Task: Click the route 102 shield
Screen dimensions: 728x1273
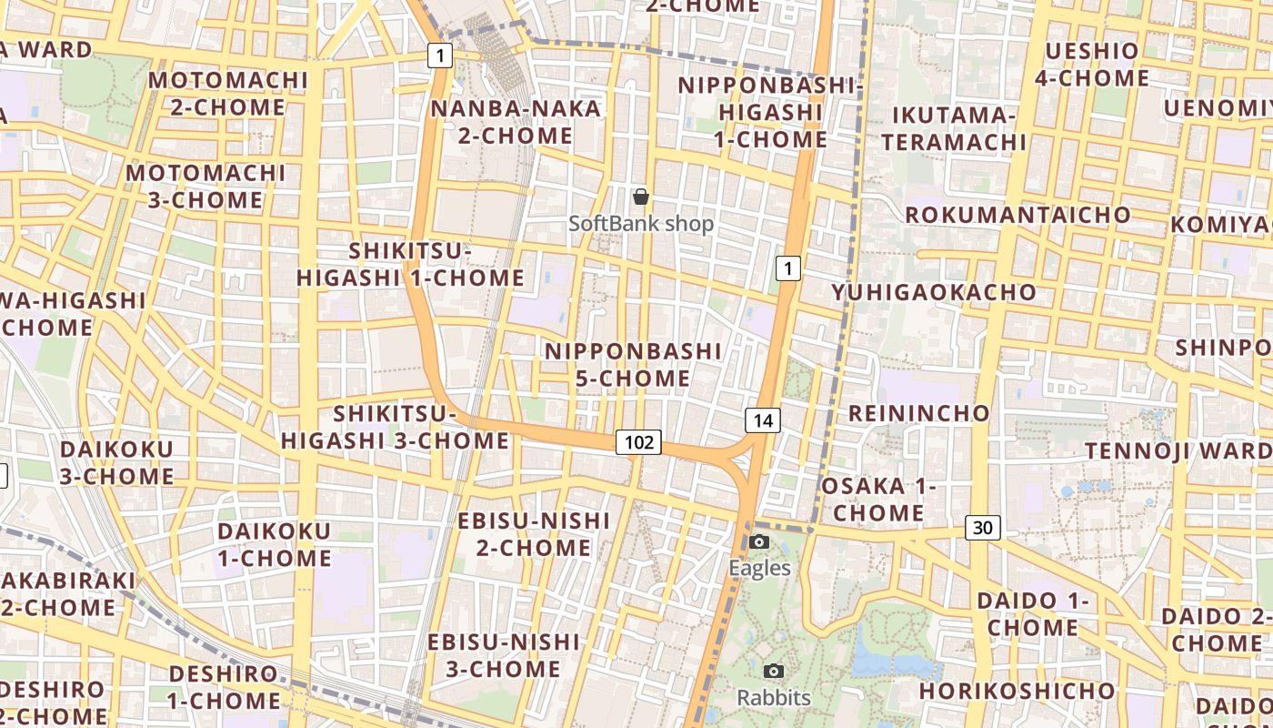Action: (638, 442)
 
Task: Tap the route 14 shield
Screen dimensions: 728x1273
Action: (763, 420)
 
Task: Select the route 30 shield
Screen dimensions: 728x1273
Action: (983, 527)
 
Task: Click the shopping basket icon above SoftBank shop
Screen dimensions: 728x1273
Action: (641, 196)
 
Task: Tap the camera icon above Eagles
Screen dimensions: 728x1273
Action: (759, 542)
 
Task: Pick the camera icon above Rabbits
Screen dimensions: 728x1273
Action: (774, 672)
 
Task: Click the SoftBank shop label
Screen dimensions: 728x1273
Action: (641, 223)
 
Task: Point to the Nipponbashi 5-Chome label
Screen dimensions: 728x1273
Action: (633, 364)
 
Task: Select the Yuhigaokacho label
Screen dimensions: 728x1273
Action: (934, 292)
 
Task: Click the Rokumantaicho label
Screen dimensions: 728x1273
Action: (1017, 216)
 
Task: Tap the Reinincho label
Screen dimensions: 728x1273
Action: (918, 413)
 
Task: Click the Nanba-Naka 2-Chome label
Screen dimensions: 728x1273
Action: (516, 122)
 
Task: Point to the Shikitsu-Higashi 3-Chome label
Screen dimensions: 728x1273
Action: (395, 427)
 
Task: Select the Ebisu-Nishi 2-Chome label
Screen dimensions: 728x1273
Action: (534, 533)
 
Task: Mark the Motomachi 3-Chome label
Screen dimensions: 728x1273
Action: (205, 186)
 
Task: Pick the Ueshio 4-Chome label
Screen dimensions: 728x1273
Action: (1091, 65)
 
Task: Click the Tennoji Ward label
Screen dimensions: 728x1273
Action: (1178, 451)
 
